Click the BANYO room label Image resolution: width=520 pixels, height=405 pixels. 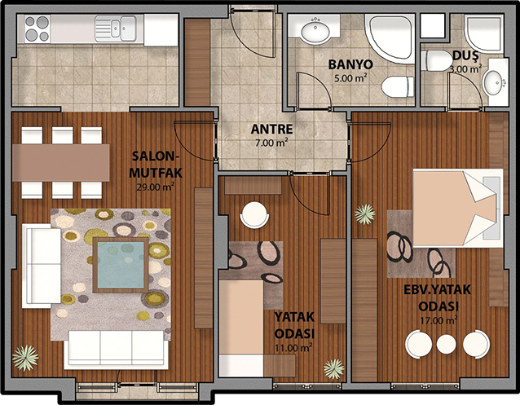[x=350, y=64]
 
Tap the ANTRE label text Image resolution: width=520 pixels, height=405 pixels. [x=271, y=129]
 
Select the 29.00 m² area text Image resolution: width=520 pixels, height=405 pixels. [x=156, y=187]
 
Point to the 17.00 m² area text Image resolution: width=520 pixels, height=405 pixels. [x=438, y=320]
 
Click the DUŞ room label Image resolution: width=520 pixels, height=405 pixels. [x=465, y=55]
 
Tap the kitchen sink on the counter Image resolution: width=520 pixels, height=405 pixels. [x=116, y=29]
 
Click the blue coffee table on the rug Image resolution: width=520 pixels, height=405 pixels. [x=121, y=265]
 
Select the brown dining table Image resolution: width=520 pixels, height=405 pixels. [x=61, y=162]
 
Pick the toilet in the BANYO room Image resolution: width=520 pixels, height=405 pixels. [x=398, y=87]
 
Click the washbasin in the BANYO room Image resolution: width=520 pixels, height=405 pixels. [x=315, y=30]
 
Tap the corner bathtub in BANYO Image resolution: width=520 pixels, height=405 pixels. [x=390, y=38]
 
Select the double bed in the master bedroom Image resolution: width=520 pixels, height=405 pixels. [x=458, y=208]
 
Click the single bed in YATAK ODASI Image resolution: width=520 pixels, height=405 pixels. [x=241, y=328]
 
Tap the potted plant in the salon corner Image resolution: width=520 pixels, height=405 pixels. [x=25, y=358]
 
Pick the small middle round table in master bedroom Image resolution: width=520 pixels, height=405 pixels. [x=446, y=344]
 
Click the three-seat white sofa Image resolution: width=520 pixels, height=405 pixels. [x=116, y=350]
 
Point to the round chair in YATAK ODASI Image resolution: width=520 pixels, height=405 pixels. [x=254, y=215]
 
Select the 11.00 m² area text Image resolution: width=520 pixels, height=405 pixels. [x=294, y=348]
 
